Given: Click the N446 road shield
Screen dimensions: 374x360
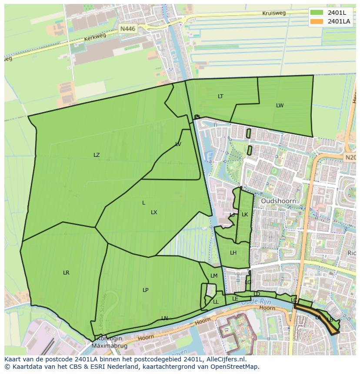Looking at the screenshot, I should (128, 29).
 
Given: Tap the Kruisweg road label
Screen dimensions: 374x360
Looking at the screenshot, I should (274, 13).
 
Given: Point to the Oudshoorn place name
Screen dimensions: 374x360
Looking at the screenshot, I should (278, 201).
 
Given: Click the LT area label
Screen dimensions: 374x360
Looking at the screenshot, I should (220, 96).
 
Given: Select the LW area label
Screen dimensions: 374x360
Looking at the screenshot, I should (280, 106).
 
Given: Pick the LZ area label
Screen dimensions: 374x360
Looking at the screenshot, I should (97, 155).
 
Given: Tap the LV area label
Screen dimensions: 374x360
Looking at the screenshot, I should (178, 144).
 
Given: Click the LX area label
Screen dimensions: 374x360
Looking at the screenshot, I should (154, 212).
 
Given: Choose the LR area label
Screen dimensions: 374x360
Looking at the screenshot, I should (66, 273).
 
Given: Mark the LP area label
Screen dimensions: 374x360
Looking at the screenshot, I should (146, 290).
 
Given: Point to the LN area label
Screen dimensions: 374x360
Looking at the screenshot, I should (164, 318).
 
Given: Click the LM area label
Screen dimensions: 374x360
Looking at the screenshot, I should (214, 276).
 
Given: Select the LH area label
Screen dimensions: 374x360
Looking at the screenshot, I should (233, 253).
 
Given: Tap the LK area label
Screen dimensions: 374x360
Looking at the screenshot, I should (245, 215).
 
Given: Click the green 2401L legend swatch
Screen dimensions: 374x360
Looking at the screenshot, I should (317, 13).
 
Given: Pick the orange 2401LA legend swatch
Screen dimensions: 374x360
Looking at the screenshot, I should (317, 21).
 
